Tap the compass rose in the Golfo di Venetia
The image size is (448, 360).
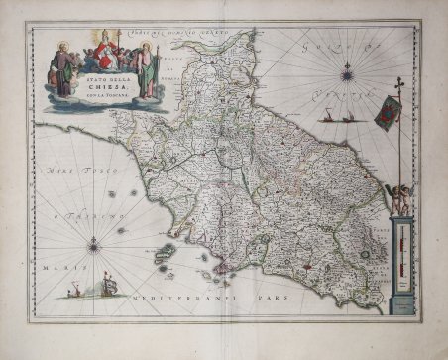(347, 72)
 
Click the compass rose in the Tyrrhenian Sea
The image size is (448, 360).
(95, 242)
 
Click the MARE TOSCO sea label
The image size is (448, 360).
(63, 174)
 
